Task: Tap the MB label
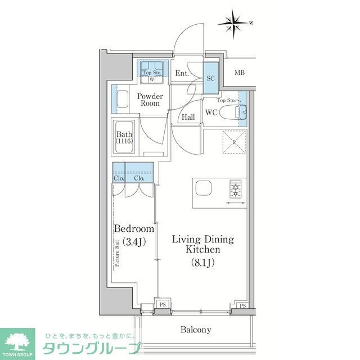pyautogui.click(x=240, y=73)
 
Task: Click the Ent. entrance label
pyautogui.click(x=182, y=73)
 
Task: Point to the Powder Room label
pyautogui.click(x=150, y=100)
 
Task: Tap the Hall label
pyautogui.click(x=188, y=118)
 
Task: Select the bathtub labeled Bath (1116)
pyautogui.click(x=124, y=138)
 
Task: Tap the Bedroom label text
pyautogui.click(x=134, y=229)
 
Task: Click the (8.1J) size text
pyautogui.click(x=204, y=261)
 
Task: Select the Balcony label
pyautogui.click(x=195, y=330)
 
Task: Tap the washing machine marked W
pyautogui.click(x=152, y=79)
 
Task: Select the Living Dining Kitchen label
pyautogui.click(x=203, y=244)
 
